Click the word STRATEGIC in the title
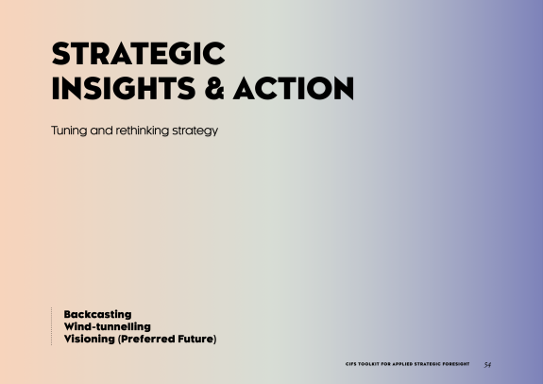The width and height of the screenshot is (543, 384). tap(139, 53)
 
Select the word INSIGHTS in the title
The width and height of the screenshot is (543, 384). tap(124, 89)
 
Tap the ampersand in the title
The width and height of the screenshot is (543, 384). tap(214, 89)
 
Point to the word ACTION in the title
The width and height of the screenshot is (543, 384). tap(294, 89)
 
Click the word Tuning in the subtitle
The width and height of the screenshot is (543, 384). tap(69, 131)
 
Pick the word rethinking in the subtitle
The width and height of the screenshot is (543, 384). tap(143, 131)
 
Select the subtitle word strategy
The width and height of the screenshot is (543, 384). tap(195, 131)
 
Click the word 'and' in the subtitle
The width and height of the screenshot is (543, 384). tap(101, 131)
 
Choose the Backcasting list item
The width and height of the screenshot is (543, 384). tap(97, 314)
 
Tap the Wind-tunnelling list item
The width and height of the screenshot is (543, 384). tap(108, 326)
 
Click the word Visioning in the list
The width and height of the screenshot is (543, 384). tap(90, 339)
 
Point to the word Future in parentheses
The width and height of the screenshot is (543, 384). tap(195, 339)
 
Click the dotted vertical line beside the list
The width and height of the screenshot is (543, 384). tap(52, 326)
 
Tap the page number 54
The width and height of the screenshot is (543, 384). tap(487, 364)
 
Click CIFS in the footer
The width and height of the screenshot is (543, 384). tap(350, 364)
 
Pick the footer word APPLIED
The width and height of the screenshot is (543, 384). tap(402, 364)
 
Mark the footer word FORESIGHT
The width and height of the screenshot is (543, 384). tap(456, 364)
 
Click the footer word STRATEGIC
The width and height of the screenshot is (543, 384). tap(428, 364)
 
